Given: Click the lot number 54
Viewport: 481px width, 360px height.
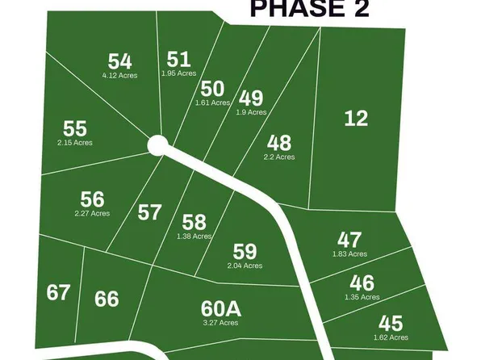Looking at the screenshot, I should tap(119, 61).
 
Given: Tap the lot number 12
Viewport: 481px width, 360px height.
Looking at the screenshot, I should tap(356, 119).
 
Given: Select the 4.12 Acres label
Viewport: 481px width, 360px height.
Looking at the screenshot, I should tap(119, 75).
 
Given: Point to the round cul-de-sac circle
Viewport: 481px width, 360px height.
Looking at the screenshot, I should tap(157, 145).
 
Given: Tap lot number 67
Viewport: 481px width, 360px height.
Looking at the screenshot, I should tap(58, 292).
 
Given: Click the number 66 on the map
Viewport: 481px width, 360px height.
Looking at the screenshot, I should tap(107, 299).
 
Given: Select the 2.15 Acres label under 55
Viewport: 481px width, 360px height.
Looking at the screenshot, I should tap(74, 143).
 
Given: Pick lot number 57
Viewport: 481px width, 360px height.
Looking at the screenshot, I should tap(149, 212).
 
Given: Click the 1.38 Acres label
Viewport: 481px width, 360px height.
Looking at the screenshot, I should tap(194, 237).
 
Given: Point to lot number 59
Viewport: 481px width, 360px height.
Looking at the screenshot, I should tap(244, 251).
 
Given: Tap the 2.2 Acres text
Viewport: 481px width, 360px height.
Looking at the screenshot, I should tap(279, 157).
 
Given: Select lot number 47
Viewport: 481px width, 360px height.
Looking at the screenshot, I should tap(349, 240).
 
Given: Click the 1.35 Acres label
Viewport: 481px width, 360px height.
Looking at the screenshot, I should tap(362, 297).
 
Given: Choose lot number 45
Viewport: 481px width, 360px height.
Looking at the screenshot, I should tap(391, 323).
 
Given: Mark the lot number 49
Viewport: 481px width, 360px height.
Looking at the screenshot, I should tap(251, 99).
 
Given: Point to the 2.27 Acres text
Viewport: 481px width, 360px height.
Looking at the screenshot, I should tap(91, 214).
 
